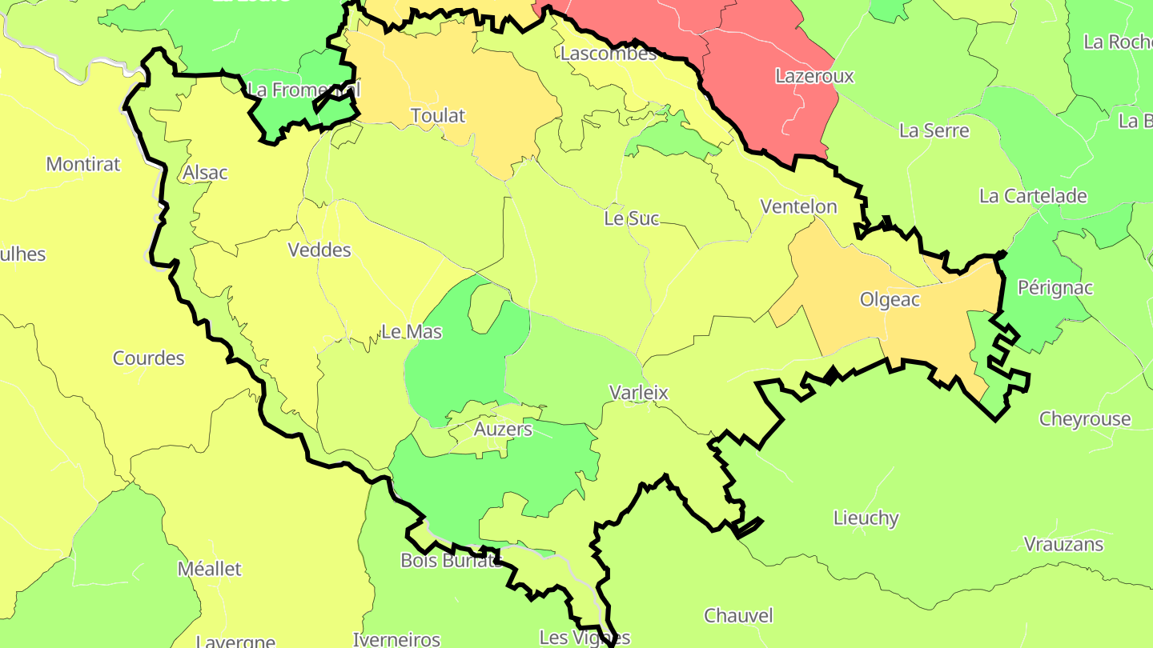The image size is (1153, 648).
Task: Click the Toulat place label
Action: pos(438,116)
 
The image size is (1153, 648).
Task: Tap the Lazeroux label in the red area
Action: pos(814,77)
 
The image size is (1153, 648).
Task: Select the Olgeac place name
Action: pos(890,300)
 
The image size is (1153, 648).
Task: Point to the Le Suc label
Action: pos(632,218)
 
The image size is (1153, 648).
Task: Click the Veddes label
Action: pos(319,250)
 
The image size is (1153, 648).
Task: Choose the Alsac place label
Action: pos(205,173)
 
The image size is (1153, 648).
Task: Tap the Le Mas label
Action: pos(411,332)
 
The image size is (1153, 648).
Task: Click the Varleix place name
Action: pos(638,393)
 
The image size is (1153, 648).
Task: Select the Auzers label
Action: pos(503,430)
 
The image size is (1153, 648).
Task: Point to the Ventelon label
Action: pos(798,207)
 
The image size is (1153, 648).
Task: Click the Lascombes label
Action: pos(609,54)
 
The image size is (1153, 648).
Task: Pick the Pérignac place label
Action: pos(1055,288)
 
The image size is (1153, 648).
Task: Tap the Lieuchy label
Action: pos(866,518)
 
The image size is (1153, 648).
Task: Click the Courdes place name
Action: pos(149,358)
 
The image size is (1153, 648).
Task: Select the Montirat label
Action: pos(83,165)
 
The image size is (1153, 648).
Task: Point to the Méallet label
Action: pos(209,570)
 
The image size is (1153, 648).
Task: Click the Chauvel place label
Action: pos(738,616)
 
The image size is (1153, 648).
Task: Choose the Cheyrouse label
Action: pos(1085,419)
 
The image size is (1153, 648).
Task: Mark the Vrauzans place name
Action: pos(1063,545)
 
